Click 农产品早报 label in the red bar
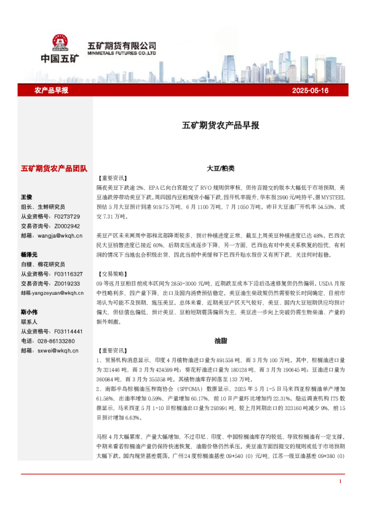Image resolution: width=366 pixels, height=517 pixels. pyautogui.click(x=51, y=90)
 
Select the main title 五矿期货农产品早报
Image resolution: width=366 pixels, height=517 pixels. pyautogui.click(x=220, y=125)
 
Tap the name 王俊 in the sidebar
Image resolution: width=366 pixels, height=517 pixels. pyautogui.click(x=26, y=197)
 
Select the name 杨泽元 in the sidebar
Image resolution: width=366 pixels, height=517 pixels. pyautogui.click(x=29, y=254)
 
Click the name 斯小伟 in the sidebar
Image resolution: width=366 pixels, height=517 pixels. pyautogui.click(x=29, y=311)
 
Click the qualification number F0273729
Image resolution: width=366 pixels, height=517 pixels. pyautogui.click(x=67, y=217)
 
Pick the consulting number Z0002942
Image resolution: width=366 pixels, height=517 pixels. pyautogui.click(x=67, y=225)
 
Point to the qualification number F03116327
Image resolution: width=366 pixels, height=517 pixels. pyautogui.click(x=69, y=274)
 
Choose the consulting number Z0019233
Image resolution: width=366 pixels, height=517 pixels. pyautogui.click(x=67, y=283)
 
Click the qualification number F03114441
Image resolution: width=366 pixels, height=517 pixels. pyautogui.click(x=69, y=331)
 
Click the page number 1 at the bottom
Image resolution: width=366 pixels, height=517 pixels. pyautogui.click(x=340, y=499)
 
